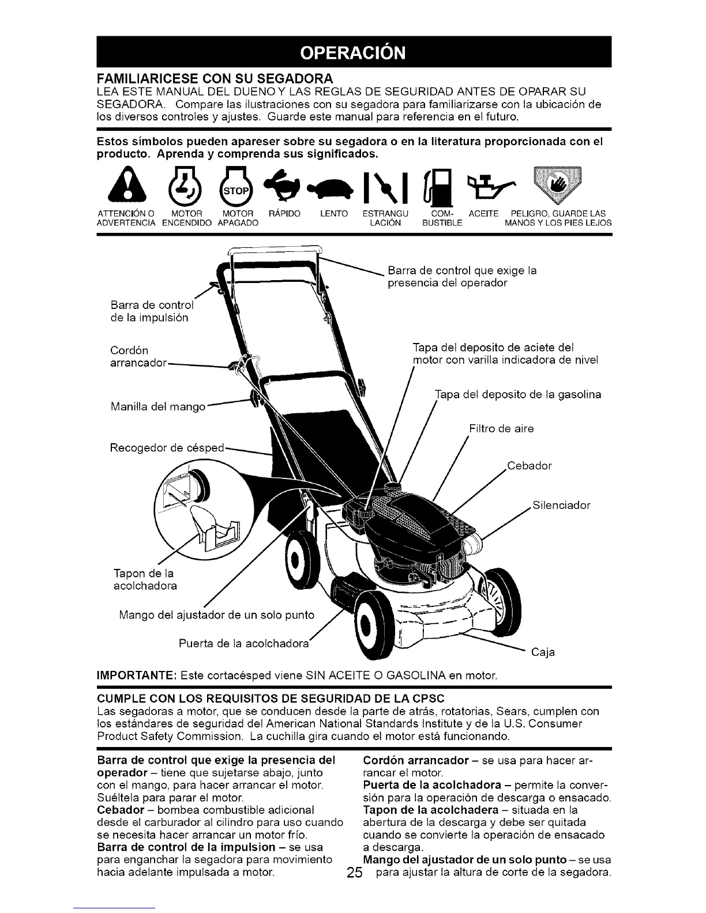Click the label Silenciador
[x=562, y=505]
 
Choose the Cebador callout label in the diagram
[x=529, y=466]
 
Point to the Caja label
[x=543, y=652]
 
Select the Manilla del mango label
[x=157, y=407]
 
